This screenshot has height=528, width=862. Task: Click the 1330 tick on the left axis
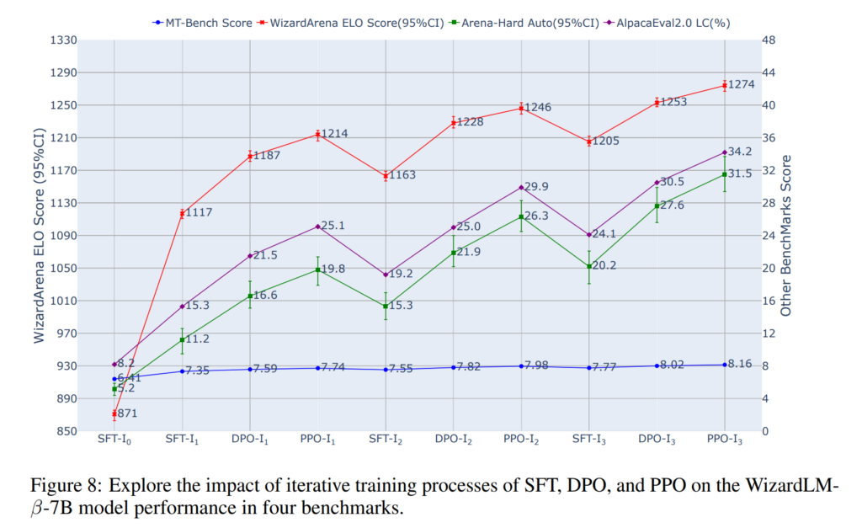tap(63, 40)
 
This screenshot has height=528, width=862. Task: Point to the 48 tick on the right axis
tap(769, 40)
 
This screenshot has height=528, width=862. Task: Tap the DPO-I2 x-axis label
tap(454, 441)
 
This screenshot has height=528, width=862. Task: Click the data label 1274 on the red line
tap(744, 84)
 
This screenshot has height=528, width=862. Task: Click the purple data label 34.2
tap(741, 152)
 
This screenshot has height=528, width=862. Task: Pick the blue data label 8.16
tap(741, 364)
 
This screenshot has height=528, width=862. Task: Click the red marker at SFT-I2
tap(386, 176)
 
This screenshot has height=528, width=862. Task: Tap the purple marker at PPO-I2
tap(521, 187)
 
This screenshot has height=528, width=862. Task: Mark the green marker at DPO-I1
tap(250, 296)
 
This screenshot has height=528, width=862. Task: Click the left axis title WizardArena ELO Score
tap(39, 236)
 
